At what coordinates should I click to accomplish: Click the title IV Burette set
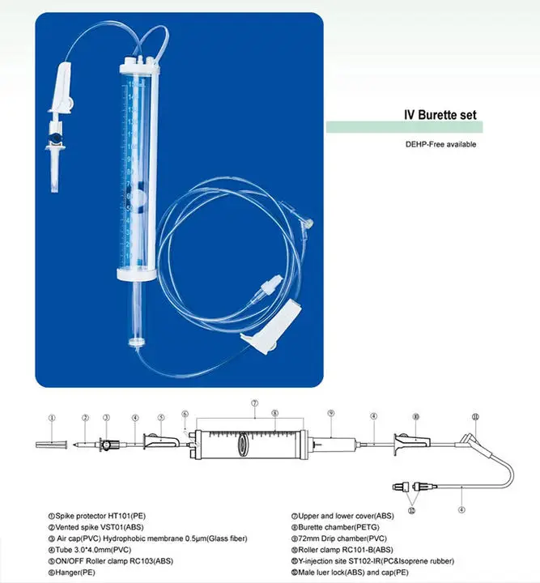pos(441,115)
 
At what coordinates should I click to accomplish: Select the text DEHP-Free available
pos(441,144)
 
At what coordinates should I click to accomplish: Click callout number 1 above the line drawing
pos(52,419)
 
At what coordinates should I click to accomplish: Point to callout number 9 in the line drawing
pos(331,414)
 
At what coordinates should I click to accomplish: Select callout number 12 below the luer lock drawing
pos(413,511)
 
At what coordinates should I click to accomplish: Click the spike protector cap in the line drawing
pos(49,445)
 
